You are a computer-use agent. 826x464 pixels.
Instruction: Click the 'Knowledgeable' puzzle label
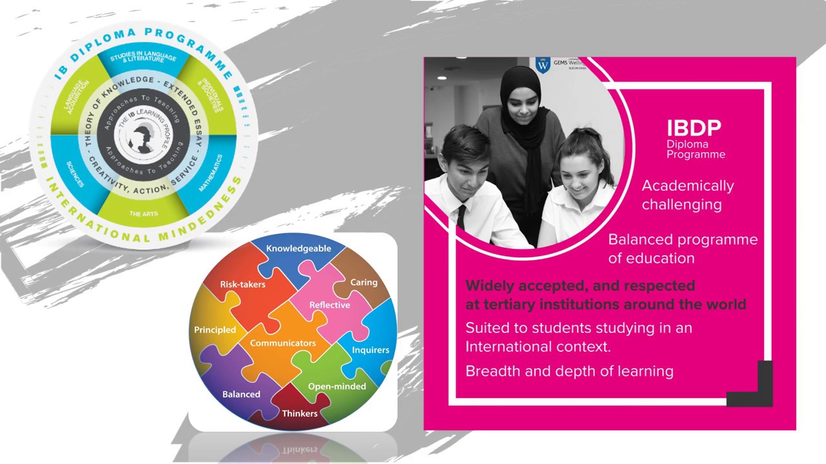point(298,248)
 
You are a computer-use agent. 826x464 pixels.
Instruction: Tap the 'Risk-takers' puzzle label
point(243,284)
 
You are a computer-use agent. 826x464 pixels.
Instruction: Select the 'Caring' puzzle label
point(364,282)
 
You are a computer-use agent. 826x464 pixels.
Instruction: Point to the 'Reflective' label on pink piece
point(330,305)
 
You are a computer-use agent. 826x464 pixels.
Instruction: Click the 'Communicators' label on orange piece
point(283,343)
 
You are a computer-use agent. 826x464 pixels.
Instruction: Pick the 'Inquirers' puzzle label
point(370,350)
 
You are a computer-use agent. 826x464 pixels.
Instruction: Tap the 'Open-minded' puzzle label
point(337,386)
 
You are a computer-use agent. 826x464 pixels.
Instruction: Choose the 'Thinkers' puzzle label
point(299,413)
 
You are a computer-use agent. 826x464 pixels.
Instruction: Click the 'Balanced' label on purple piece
point(241,394)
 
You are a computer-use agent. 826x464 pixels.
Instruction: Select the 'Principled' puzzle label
point(215,329)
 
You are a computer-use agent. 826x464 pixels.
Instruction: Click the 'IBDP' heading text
point(694,128)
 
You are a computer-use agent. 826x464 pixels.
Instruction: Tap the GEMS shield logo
point(543,65)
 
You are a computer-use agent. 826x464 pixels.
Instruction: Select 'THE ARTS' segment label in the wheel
point(143,213)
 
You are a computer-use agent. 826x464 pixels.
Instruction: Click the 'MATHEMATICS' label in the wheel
point(211,173)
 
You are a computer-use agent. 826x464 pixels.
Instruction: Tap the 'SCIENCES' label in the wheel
point(75,174)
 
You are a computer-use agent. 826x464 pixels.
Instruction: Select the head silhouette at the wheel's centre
point(143,137)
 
